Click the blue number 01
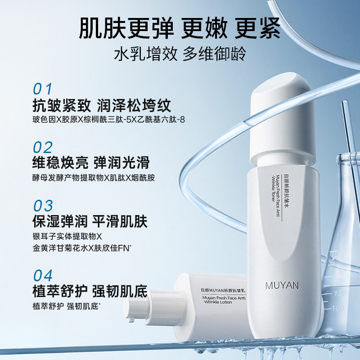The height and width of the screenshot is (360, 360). pyautogui.click(x=43, y=89)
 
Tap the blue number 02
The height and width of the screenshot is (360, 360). pyautogui.click(x=43, y=148)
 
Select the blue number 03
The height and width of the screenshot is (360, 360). pyautogui.click(x=43, y=206)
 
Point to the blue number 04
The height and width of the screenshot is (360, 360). pyautogui.click(x=43, y=275)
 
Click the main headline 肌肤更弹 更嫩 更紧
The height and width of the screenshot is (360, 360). pyautogui.click(x=180, y=29)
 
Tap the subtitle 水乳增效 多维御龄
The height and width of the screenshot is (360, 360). pyautogui.click(x=180, y=54)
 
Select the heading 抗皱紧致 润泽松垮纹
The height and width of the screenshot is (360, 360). pyautogui.click(x=102, y=105)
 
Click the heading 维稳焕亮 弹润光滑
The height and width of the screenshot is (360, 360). pyautogui.click(x=91, y=162)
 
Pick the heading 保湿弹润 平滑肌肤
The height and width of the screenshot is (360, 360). pyautogui.click(x=90, y=221)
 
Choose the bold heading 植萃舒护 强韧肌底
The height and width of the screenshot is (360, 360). pyautogui.click(x=90, y=291)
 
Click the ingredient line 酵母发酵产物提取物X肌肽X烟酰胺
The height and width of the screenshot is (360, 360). pyautogui.click(x=94, y=178)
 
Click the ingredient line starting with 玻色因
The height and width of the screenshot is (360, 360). pyautogui.click(x=108, y=119)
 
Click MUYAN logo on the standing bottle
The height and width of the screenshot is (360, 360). pyautogui.click(x=282, y=286)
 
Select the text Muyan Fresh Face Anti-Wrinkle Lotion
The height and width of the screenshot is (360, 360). pyautogui.click(x=224, y=300)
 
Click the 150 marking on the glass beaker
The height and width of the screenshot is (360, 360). pyautogui.click(x=339, y=294)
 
